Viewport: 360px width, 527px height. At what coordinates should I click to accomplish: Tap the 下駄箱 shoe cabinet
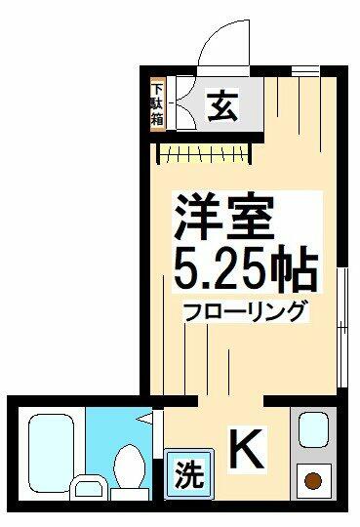[157, 104]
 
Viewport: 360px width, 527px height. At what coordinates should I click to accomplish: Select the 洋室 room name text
[222, 218]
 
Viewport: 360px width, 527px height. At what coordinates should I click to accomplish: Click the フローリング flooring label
[246, 311]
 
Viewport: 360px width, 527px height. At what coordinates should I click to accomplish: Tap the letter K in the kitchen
[247, 449]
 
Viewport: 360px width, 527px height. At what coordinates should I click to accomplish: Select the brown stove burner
[313, 481]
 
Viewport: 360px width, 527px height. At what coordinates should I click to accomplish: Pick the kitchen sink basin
[313, 429]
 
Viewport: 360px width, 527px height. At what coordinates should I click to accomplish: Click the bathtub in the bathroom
[51, 450]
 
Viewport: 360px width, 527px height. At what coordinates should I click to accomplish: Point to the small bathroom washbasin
[89, 488]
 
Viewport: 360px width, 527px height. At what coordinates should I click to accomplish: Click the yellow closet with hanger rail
[204, 153]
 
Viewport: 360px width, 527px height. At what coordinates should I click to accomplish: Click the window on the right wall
[342, 328]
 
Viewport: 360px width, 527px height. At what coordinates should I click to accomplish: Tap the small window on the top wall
[305, 71]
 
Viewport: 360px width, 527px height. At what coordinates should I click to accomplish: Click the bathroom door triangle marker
[144, 419]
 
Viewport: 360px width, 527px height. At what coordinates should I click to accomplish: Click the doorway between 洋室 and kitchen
[230, 401]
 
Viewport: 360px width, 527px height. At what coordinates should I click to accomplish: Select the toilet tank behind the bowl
[130, 495]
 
